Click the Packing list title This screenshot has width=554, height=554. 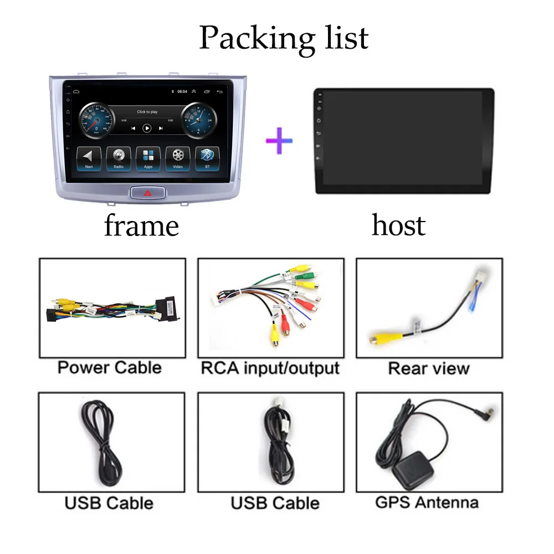click(283, 37)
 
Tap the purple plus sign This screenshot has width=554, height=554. click(279, 140)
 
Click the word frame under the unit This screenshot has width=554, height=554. click(141, 226)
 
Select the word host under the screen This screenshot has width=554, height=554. click(398, 225)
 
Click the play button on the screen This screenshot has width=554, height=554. click(147, 128)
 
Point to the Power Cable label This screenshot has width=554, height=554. click(109, 367)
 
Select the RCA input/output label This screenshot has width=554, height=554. click(270, 367)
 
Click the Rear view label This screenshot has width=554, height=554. click(429, 368)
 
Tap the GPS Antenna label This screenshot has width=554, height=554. click(427, 502)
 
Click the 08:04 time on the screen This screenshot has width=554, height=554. click(182, 92)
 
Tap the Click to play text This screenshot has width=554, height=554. click(147, 112)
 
